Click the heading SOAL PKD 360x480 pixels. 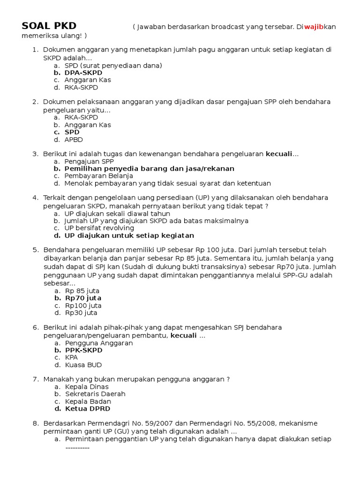[49, 26]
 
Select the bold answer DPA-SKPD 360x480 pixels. [83, 73]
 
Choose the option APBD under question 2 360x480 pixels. [74, 139]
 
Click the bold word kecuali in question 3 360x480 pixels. [279, 154]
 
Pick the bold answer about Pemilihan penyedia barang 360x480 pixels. [149, 168]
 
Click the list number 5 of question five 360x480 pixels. [35, 250]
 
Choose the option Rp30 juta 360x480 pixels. [81, 313]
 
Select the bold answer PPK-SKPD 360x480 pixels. [83, 350]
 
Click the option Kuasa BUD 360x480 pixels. [83, 365]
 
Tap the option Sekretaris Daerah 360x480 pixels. [95, 394]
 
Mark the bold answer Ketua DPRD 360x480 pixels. [87, 409]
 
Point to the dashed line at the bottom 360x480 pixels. [77, 448]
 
